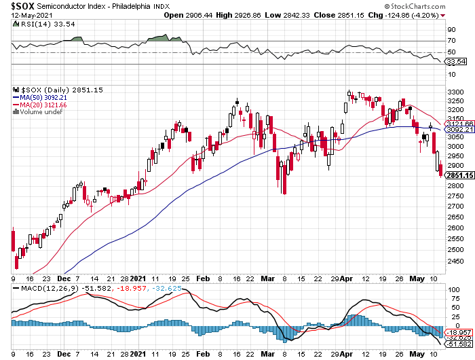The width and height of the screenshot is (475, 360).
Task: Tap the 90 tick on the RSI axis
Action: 450,30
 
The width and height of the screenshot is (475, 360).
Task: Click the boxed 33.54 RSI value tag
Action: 454,61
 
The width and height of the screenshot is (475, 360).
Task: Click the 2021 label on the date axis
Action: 138,278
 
